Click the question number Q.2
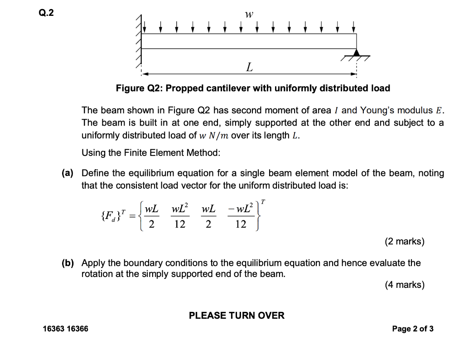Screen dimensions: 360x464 [x=46, y=13]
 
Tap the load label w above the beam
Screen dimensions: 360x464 [x=248, y=15]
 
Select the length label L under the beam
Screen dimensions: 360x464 [x=249, y=68]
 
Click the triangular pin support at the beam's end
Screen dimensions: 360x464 [x=357, y=53]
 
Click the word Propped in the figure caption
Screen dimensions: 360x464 [x=185, y=88]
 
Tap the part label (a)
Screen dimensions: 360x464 [x=69, y=173]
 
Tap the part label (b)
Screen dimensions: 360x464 [x=69, y=263]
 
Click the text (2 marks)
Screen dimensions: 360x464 [x=405, y=242]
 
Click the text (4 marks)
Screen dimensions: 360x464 [x=405, y=285]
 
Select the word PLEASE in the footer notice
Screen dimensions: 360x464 [x=205, y=316]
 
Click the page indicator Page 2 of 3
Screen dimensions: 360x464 [x=413, y=329]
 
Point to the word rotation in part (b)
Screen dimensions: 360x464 [x=97, y=274]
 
